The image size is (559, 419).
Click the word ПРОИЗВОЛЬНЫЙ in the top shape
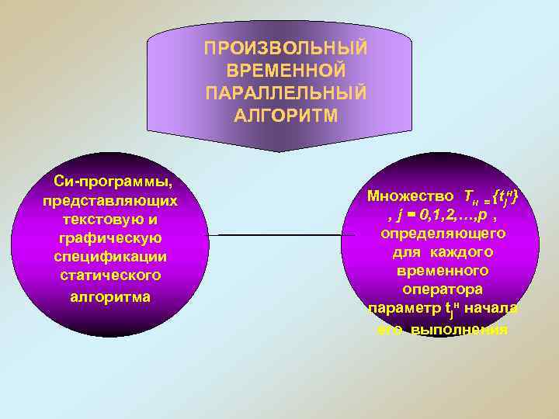pyautogui.click(x=286, y=49)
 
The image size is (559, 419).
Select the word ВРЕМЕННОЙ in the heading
pyautogui.click(x=286, y=71)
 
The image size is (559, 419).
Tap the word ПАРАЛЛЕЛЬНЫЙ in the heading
pyautogui.click(x=286, y=94)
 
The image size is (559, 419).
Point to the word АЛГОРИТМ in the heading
pyautogui.click(x=286, y=116)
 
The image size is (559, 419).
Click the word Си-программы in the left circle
pyautogui.click(x=113, y=182)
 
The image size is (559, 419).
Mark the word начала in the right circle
pyautogui.click(x=495, y=309)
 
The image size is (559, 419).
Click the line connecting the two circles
pyautogui.click(x=275, y=234)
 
